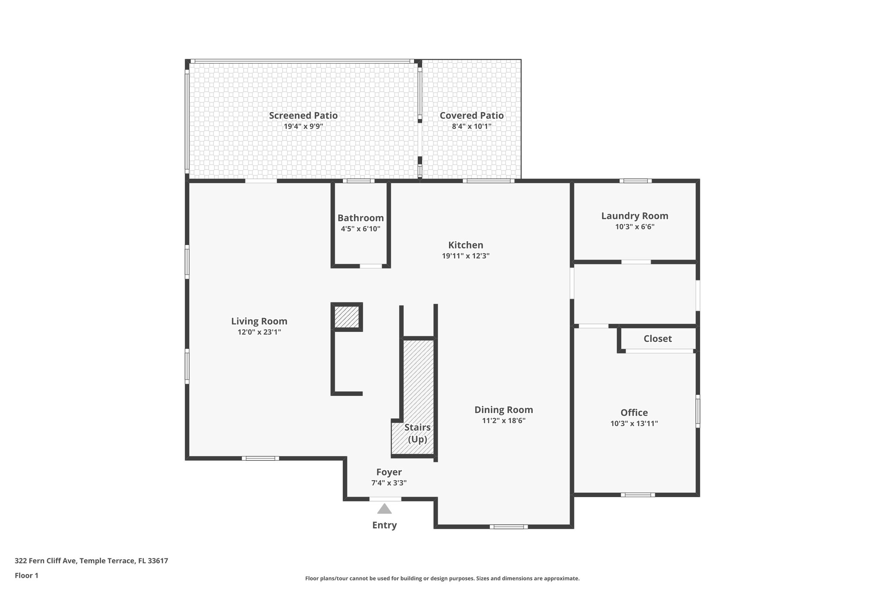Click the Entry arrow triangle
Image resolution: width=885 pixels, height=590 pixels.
pyautogui.click(x=384, y=509)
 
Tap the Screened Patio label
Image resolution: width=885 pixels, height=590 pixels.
pyautogui.click(x=303, y=115)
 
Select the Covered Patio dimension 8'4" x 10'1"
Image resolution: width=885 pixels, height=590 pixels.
pyautogui.click(x=471, y=127)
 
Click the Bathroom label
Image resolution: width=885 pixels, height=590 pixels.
pyautogui.click(x=360, y=218)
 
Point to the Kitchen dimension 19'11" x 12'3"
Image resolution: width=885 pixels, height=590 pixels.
pyautogui.click(x=465, y=256)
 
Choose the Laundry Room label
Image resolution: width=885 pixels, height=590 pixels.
pyautogui.click(x=634, y=216)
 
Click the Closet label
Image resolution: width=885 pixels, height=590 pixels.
pyautogui.click(x=657, y=339)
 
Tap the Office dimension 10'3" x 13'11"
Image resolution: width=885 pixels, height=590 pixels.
pyautogui.click(x=634, y=424)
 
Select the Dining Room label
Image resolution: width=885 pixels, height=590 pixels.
pyautogui.click(x=503, y=410)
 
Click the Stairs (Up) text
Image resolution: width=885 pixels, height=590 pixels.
pyautogui.click(x=417, y=433)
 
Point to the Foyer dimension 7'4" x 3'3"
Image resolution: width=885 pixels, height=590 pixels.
pyautogui.click(x=389, y=483)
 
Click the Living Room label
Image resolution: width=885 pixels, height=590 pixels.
pyautogui.click(x=259, y=321)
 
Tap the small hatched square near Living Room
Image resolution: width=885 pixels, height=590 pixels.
pyautogui.click(x=347, y=317)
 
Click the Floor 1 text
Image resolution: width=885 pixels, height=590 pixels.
pyautogui.click(x=26, y=575)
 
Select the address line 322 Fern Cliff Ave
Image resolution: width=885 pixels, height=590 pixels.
pyautogui.click(x=91, y=561)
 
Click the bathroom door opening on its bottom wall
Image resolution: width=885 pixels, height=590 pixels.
pyautogui.click(x=371, y=266)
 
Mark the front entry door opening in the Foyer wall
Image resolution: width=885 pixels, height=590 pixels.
pyautogui.click(x=385, y=499)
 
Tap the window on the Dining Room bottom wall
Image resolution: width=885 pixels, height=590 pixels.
pyautogui.click(x=508, y=526)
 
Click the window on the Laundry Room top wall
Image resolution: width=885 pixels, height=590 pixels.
pyautogui.click(x=635, y=181)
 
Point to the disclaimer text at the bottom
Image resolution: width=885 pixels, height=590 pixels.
pyautogui.click(x=442, y=578)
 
